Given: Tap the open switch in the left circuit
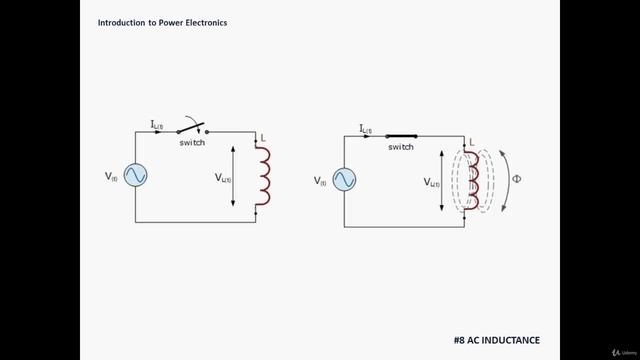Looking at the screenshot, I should [192, 128].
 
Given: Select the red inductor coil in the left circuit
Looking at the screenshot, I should [263, 176].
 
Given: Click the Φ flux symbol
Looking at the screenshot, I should [516, 181].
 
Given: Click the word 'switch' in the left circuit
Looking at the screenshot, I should [193, 143].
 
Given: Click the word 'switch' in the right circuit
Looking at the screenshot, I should [401, 147].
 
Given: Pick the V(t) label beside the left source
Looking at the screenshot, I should [111, 176].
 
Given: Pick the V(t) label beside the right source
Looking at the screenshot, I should [320, 181].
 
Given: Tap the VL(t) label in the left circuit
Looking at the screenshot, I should [223, 177].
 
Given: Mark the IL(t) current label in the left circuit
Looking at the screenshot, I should [157, 124].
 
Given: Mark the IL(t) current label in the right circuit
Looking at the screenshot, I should [365, 128].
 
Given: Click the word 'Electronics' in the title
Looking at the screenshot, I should [201, 21].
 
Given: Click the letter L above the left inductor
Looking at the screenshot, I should [262, 137].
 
